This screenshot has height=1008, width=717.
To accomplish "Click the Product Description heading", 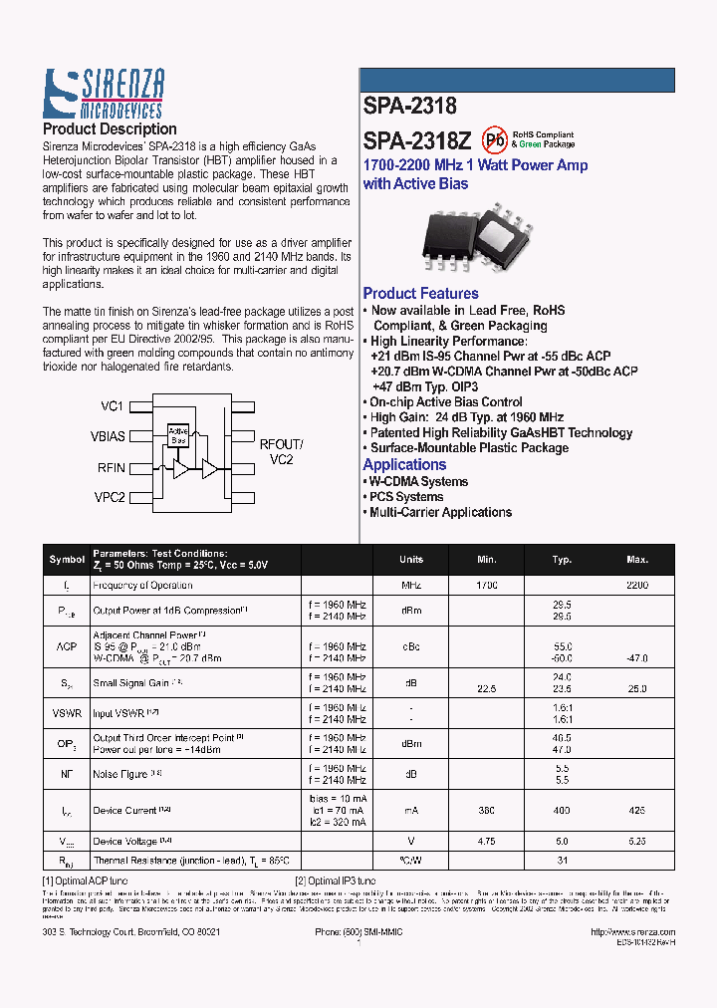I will pos(110,129).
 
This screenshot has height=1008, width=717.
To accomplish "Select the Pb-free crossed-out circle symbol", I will pos(494,139).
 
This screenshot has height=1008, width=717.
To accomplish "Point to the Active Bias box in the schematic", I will pos(178,434).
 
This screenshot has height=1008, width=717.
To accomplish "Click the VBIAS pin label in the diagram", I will pos(108,436).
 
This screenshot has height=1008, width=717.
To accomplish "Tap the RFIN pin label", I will pos(112,466).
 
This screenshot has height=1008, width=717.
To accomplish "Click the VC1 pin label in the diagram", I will pos(112,406).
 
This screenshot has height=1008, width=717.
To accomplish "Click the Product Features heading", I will pos(420,294).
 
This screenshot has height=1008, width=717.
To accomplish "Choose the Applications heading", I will pos(404,465).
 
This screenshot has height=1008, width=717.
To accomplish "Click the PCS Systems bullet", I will pos(406,497).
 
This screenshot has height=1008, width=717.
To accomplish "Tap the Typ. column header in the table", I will pos(562,560).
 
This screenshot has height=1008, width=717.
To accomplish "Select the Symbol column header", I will pos(67,560).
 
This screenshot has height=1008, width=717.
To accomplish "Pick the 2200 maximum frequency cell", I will pos(637,586).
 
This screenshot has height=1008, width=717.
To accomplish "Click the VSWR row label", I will pos(67,713).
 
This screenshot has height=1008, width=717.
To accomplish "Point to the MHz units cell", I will pos(411,586).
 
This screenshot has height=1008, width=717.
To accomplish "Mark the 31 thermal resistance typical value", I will pos(562,860).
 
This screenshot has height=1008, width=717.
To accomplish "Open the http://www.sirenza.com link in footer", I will pos(633,932).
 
